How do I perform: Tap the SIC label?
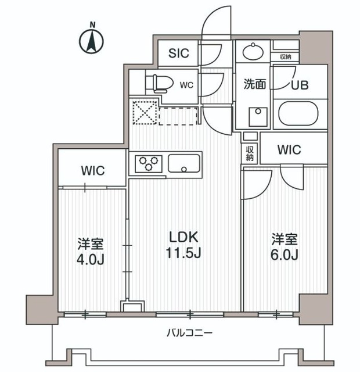coord(179,53)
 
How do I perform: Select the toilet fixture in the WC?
coord(158,83)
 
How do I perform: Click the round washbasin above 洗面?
coord(253,52)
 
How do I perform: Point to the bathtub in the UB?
coord(298,113)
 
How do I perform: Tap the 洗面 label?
coord(254,84)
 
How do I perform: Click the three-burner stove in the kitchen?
coord(149,163)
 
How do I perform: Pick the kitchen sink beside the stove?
coord(184,163)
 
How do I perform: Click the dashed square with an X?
coord(143,113)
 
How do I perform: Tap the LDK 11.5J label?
coord(184,245)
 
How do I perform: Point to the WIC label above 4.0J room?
coord(92,171)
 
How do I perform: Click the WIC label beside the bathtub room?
coord(289,150)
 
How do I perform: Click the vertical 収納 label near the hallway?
coord(250,153)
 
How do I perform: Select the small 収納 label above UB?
coord(285,56)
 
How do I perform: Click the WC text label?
coord(186,85)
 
